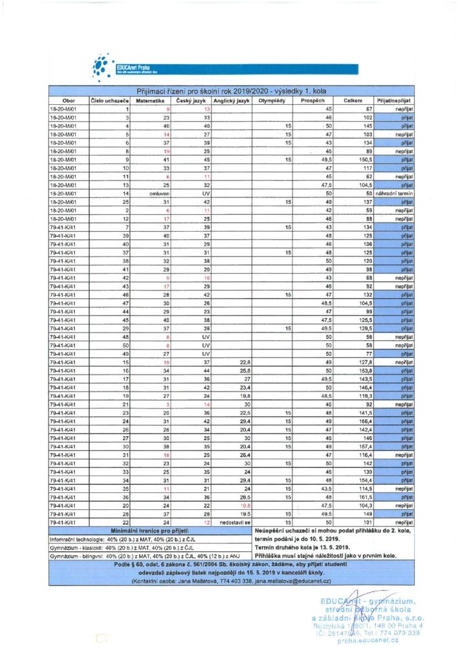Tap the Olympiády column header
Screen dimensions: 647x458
(x=271, y=102)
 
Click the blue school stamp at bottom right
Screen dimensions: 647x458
(x=373, y=622)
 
